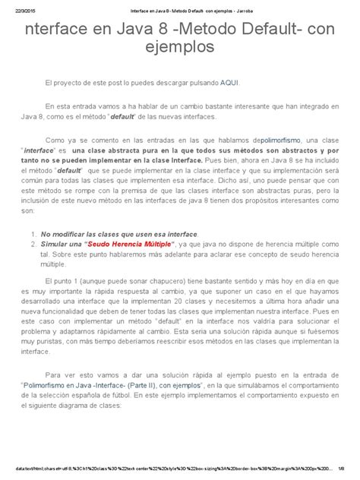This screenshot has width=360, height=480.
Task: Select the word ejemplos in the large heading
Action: [180, 49]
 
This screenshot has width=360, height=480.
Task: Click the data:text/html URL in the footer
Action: [159, 469]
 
